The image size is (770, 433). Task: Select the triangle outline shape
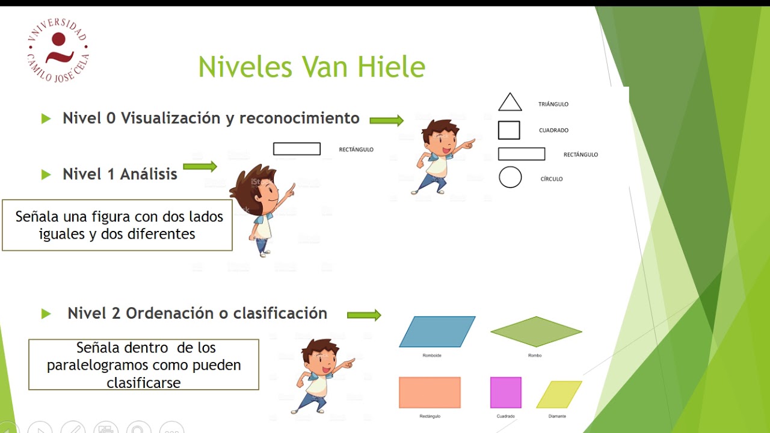click(510, 103)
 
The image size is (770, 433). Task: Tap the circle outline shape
click(510, 177)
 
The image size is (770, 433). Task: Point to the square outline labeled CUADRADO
click(509, 130)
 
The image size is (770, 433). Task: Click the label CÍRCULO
click(551, 179)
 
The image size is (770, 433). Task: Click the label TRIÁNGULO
click(553, 105)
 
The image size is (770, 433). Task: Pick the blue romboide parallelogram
click(437, 332)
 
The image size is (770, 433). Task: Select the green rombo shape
click(536, 331)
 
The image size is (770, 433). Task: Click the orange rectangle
click(430, 393)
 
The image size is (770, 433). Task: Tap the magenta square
click(505, 393)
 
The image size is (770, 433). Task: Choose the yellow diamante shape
click(559, 395)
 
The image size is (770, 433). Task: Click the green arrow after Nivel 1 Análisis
click(200, 167)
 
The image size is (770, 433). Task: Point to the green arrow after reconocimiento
click(386, 121)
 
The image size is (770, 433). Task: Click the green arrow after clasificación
click(364, 315)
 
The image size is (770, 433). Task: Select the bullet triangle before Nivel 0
click(46, 119)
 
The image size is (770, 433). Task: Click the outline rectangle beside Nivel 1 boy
click(297, 149)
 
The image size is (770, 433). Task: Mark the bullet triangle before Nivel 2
click(46, 314)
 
